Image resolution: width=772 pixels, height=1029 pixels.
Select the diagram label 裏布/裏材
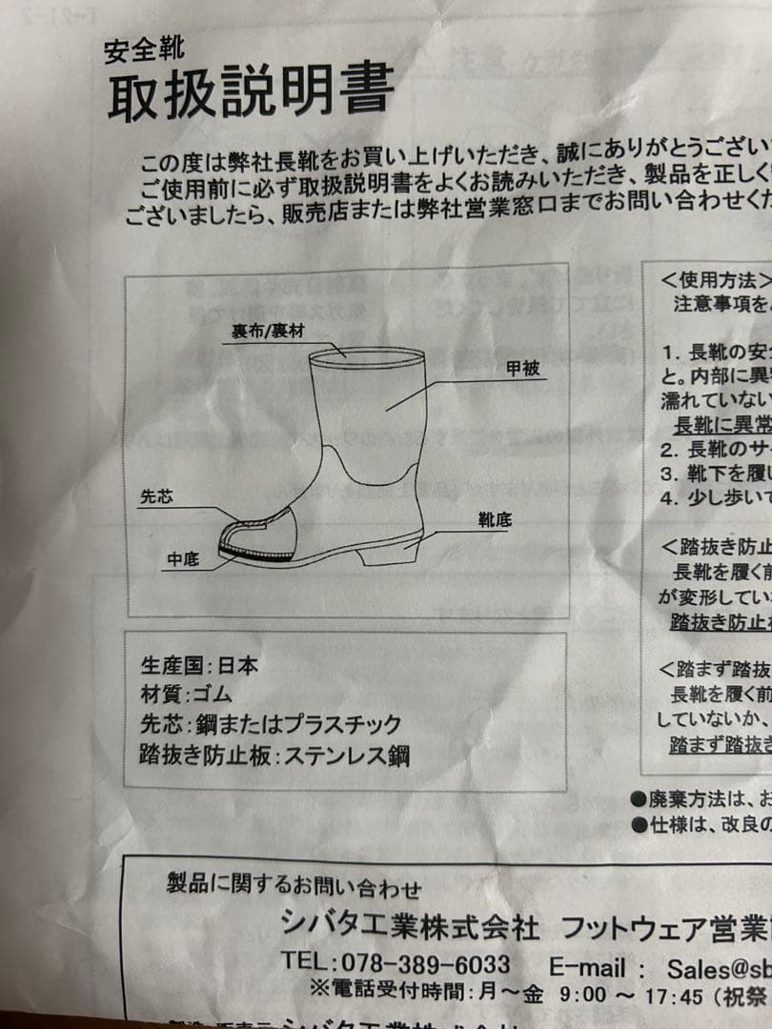click(x=266, y=333)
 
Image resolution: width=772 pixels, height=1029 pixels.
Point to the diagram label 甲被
click(x=523, y=369)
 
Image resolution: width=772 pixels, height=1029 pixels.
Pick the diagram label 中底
click(x=182, y=560)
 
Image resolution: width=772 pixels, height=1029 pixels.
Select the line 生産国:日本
click(x=199, y=665)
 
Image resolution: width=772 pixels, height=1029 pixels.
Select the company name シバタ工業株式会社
click(x=410, y=925)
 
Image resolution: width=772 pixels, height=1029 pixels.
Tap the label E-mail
click(x=590, y=967)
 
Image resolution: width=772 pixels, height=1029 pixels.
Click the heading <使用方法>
click(x=715, y=281)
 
